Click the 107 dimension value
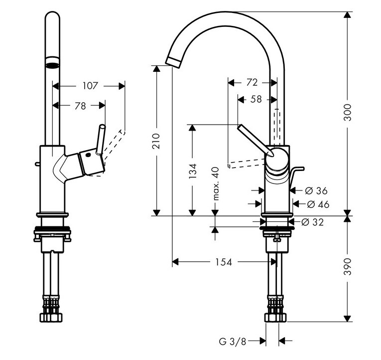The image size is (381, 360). coord(90,86)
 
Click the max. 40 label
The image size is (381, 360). coord(216,183)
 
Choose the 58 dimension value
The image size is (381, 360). coord(256,99)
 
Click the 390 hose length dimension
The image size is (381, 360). coord(348,267)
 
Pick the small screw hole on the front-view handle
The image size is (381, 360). coord(88,155)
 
